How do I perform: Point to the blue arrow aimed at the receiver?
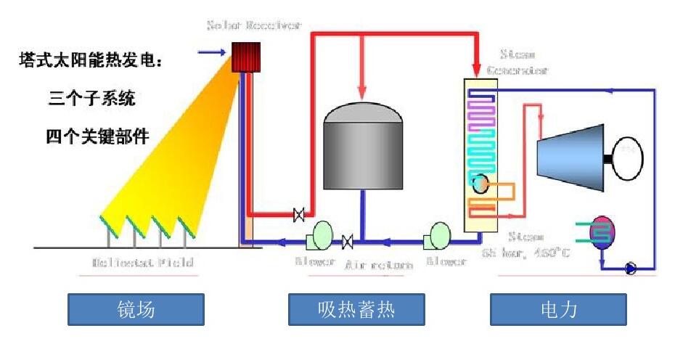(x=211, y=52)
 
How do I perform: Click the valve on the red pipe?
(x=298, y=214)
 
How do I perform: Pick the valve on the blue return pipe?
(x=348, y=240)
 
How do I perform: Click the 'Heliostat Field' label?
(x=142, y=262)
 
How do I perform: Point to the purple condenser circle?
(x=602, y=232)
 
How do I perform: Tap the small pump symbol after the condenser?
(x=631, y=269)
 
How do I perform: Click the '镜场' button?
(x=136, y=310)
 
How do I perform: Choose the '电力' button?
(x=558, y=310)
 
